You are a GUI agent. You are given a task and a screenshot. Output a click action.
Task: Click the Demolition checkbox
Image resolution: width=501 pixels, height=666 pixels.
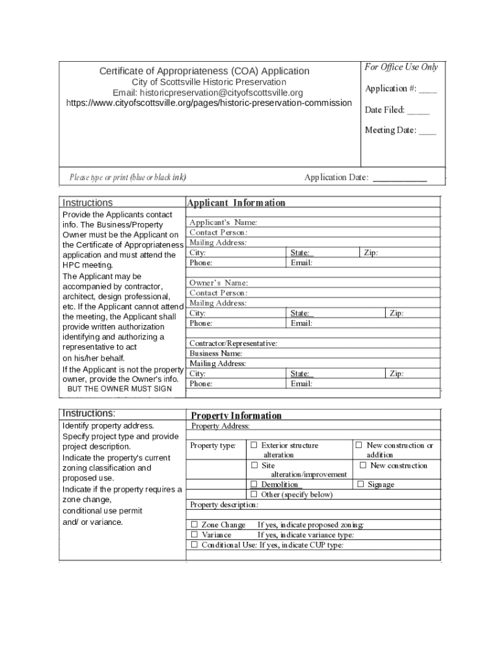coord(254,485)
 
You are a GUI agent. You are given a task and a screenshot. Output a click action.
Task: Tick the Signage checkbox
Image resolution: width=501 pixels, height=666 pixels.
coord(360,485)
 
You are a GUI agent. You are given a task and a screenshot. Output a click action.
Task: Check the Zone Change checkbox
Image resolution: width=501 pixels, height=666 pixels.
coord(194,525)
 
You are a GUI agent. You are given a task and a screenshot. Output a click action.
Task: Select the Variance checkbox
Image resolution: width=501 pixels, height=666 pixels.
coord(194,535)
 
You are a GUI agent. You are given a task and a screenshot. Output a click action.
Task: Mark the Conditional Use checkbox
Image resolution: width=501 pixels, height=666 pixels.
coord(194,545)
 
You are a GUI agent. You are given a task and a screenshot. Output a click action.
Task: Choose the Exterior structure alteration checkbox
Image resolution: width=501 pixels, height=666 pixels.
coord(254,446)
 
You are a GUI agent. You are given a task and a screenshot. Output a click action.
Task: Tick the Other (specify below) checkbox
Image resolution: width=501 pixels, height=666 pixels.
coord(254,494)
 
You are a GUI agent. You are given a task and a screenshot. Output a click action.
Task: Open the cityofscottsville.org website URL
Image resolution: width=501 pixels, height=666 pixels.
coord(209,103)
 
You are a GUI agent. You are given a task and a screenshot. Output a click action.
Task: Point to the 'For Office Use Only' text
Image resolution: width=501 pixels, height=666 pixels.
coord(401,67)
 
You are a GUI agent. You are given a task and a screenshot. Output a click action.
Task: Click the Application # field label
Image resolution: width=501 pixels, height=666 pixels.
coord(390,89)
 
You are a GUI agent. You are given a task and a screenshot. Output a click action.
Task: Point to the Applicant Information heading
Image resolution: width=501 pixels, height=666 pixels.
coord(236,203)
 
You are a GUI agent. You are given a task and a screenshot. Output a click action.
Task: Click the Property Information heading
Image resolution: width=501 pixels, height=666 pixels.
coord(236,416)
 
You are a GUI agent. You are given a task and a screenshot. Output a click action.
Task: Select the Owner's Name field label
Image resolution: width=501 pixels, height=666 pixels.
coord(219,283)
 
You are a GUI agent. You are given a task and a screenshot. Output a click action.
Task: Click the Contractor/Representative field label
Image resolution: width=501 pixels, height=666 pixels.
coord(233,343)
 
